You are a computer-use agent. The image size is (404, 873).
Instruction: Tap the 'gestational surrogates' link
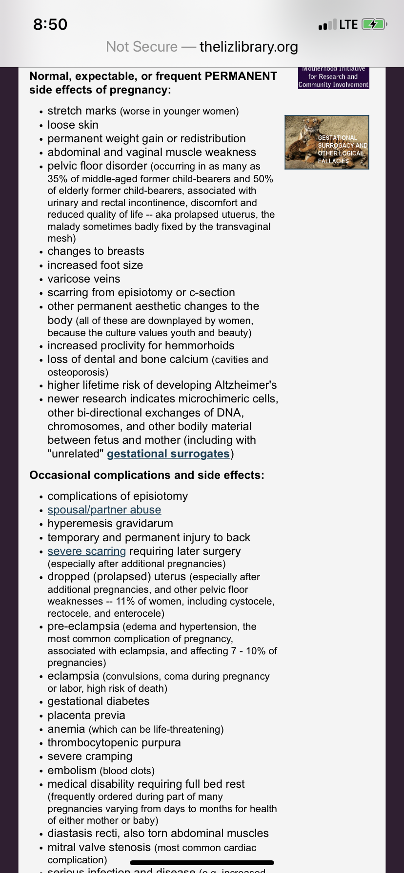[168, 454]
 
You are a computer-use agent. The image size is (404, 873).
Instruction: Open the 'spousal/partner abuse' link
[104, 510]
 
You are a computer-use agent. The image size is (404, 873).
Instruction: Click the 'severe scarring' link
[86, 551]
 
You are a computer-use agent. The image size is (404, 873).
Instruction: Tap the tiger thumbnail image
[327, 142]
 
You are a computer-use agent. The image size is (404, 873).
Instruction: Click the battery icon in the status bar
[374, 24]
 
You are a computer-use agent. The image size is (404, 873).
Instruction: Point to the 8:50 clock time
[50, 24]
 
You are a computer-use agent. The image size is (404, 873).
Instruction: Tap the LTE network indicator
[348, 24]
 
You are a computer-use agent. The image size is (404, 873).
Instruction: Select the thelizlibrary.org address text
[249, 47]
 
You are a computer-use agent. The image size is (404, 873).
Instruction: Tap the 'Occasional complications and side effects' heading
[147, 475]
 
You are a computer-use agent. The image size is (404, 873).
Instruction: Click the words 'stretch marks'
[82, 111]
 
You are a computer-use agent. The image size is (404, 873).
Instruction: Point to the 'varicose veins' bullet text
[84, 279]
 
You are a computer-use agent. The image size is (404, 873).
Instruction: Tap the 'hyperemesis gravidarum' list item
[110, 524]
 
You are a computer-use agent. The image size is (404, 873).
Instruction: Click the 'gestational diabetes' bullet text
[99, 702]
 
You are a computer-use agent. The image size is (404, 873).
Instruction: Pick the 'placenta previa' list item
[86, 716]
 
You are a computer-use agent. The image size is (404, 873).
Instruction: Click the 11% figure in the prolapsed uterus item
[125, 602]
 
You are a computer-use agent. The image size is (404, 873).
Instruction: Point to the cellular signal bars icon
[327, 24]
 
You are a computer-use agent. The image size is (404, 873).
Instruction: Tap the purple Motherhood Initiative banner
[334, 78]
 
